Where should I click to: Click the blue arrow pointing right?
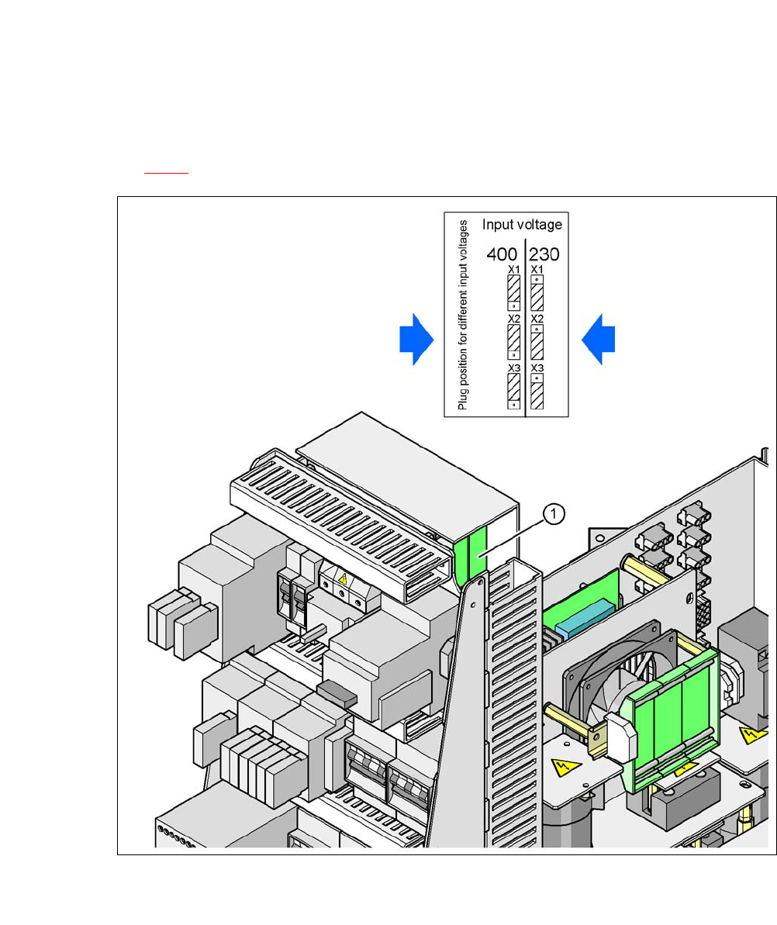coord(416,339)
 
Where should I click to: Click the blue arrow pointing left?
coord(598,339)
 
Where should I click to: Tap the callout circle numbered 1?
coord(554,514)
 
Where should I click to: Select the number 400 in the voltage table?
coord(502,254)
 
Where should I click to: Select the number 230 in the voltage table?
coord(544,254)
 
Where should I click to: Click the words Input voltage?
coord(522,225)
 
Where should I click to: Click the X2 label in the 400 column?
coord(514,319)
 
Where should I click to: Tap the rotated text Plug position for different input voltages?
coord(462,315)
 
